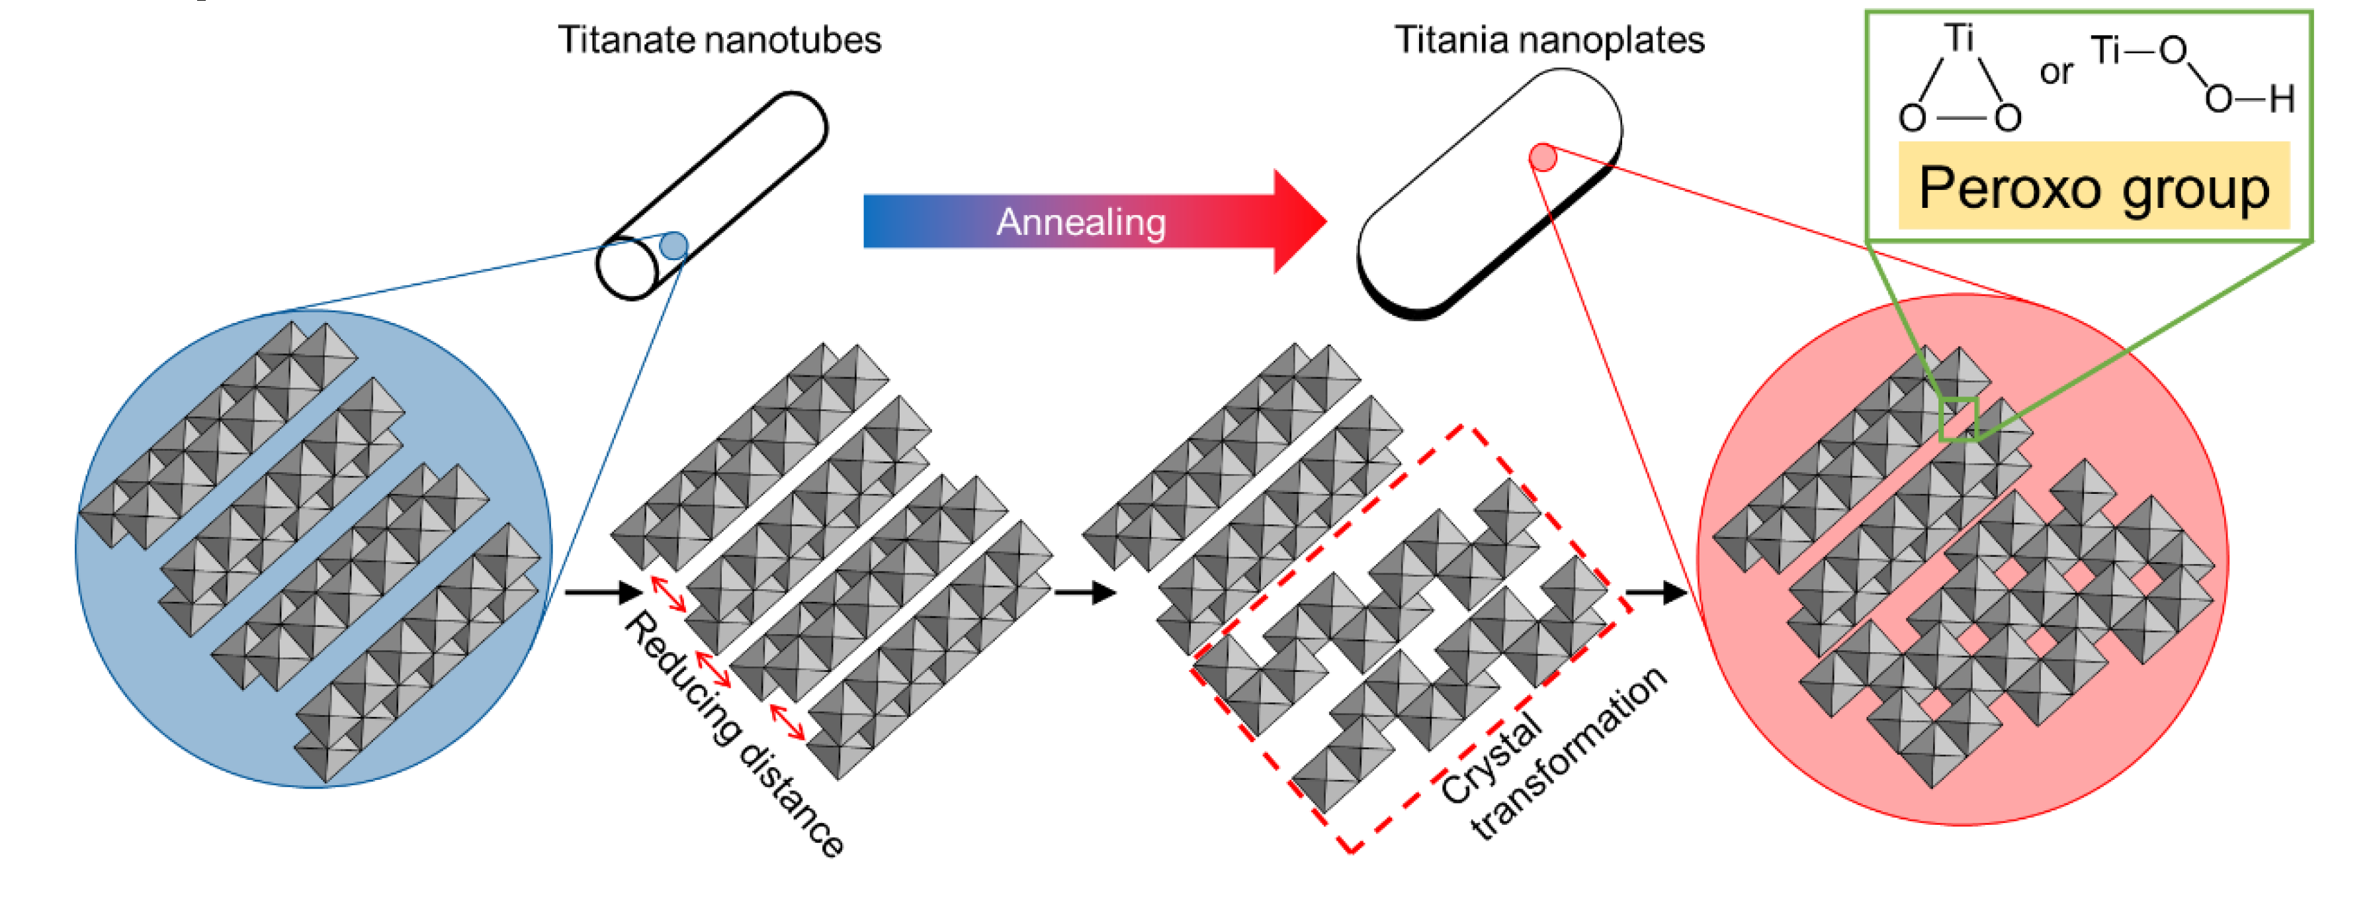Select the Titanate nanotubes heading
pyautogui.click(x=719, y=40)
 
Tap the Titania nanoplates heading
pyautogui.click(x=1549, y=40)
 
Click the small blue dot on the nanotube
pyautogui.click(x=674, y=246)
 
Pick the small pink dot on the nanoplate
pyautogui.click(x=1543, y=158)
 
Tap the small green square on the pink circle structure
pyautogui.click(x=1958, y=420)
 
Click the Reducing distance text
pyautogui.click(x=733, y=734)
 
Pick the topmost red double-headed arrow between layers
pyautogui.click(x=668, y=593)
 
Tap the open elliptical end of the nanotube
pyautogui.click(x=627, y=268)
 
